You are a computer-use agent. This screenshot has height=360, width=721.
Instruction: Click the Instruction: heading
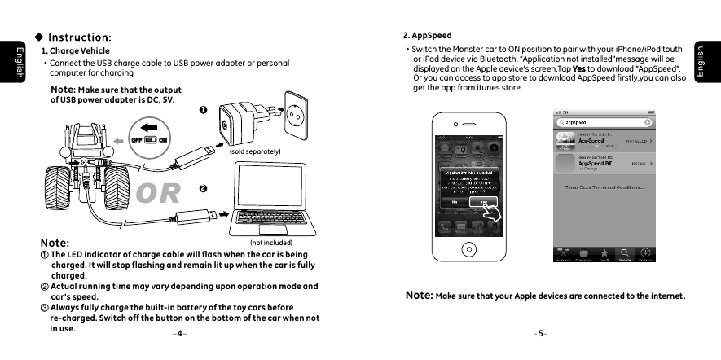point(78,37)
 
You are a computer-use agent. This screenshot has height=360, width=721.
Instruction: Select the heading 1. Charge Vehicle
point(75,51)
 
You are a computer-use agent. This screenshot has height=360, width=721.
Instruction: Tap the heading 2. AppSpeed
point(428,36)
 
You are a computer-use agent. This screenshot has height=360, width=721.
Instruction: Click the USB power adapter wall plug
point(242,119)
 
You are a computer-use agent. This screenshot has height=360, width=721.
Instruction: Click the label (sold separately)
point(255,151)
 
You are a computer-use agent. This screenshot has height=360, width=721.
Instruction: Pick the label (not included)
point(270,242)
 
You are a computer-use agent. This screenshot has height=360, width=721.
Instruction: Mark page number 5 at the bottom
point(540,333)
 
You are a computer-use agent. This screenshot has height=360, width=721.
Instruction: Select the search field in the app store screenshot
point(603,123)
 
